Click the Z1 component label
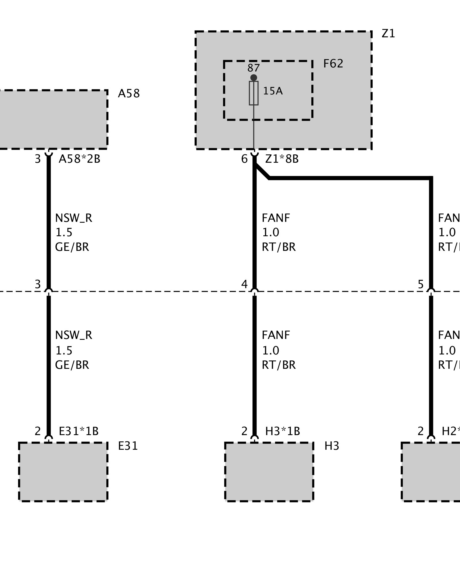[388, 34]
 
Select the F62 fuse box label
[333, 64]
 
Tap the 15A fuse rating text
[273, 91]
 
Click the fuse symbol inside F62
[254, 93]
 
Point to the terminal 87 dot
[254, 77]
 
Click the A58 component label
[129, 94]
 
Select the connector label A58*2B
[79, 159]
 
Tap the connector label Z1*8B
[282, 159]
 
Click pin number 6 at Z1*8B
[244, 159]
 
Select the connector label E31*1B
[78, 431]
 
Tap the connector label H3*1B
[282, 431]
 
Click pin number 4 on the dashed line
[244, 284]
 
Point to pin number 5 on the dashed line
[421, 284]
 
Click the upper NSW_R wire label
[73, 218]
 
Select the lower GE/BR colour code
[72, 365]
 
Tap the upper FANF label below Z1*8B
[276, 218]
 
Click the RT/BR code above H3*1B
[279, 365]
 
